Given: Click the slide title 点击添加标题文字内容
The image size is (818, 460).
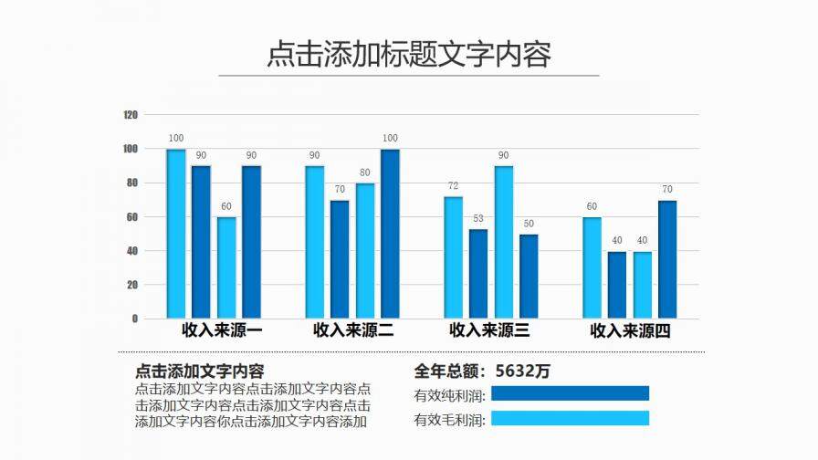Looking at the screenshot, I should click(x=409, y=54).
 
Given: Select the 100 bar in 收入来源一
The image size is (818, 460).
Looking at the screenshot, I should click(x=176, y=233).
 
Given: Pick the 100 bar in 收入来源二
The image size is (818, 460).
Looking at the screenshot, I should click(x=390, y=233).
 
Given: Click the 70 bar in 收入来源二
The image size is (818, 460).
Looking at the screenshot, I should click(x=340, y=258).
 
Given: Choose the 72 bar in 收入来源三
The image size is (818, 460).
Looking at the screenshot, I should click(x=453, y=256).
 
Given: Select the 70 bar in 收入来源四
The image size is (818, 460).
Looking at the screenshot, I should click(x=667, y=258).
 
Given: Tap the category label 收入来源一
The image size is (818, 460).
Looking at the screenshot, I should click(x=222, y=330).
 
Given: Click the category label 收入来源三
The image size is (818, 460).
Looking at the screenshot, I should click(x=489, y=330).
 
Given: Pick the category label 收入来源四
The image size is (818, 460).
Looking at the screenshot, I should click(x=630, y=330).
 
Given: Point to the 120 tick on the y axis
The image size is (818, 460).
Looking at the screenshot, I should click(x=130, y=115).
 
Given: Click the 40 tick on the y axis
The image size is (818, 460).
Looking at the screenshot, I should click(x=132, y=251).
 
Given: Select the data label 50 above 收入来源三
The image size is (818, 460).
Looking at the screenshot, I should click(x=529, y=224).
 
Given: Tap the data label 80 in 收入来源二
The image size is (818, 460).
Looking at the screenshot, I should click(x=365, y=172).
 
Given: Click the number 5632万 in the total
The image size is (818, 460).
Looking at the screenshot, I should click(x=522, y=371).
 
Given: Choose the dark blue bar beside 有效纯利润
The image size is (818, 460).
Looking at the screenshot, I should click(x=570, y=393).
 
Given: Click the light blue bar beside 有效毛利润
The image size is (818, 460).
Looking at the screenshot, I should click(x=570, y=418).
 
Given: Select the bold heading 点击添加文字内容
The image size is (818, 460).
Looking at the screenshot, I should click(x=200, y=371).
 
